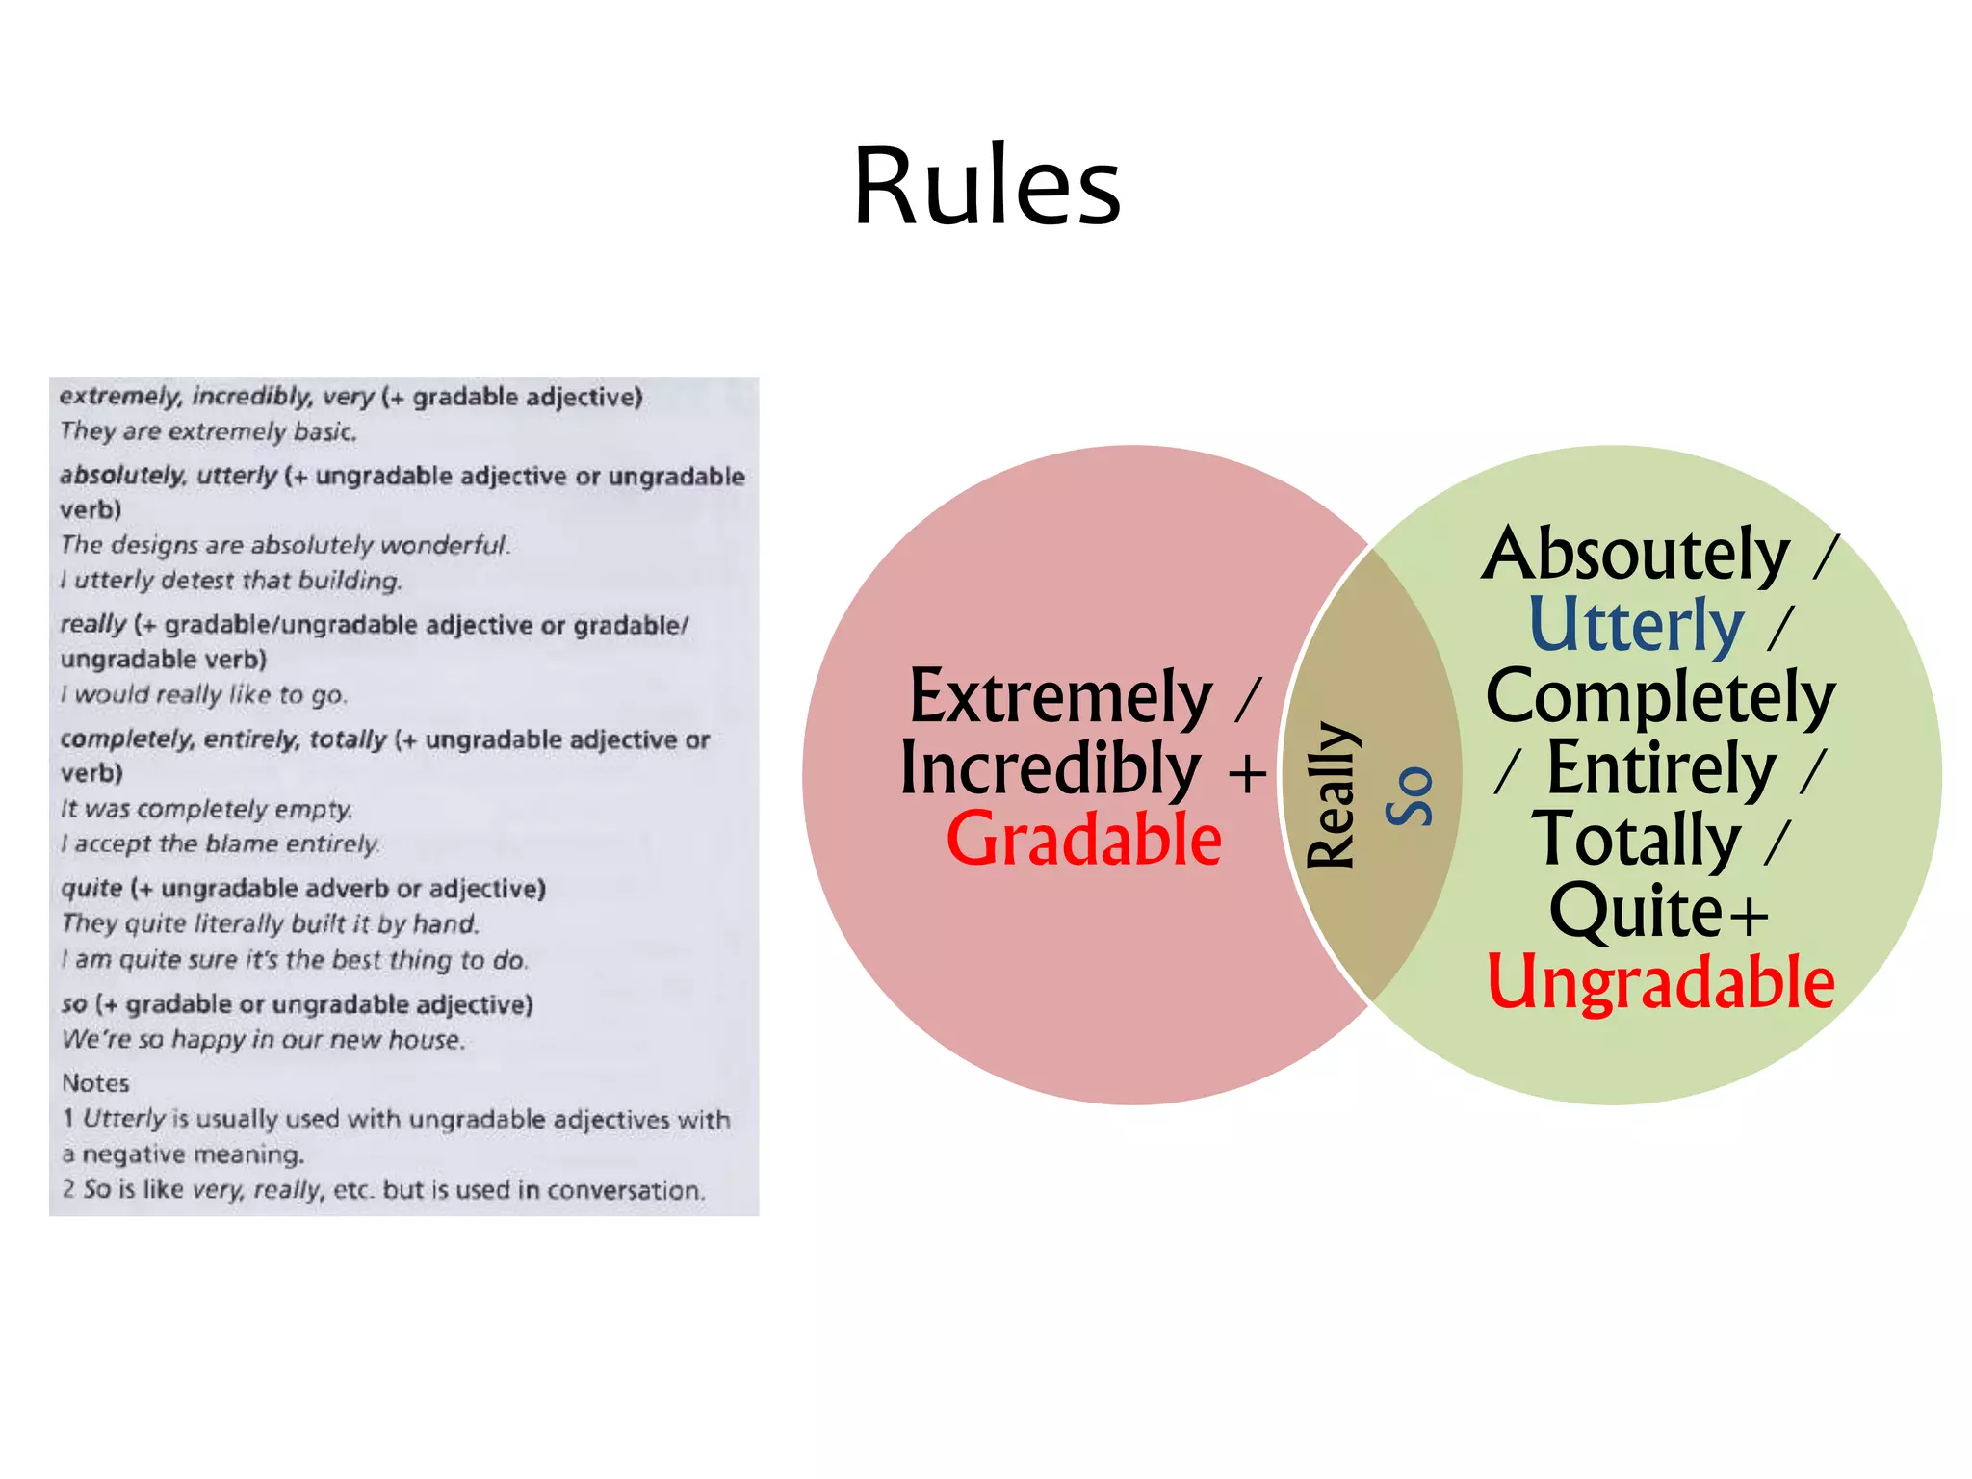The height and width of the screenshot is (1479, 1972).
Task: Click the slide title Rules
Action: [x=987, y=186]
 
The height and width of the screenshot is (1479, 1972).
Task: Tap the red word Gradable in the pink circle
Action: [x=1083, y=840]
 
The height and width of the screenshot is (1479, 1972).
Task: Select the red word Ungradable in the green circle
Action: [x=1660, y=982]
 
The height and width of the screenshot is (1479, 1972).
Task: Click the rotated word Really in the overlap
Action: [x=1332, y=795]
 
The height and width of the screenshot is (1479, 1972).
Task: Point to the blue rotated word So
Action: [x=1410, y=796]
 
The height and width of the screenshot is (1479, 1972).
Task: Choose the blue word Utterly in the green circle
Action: [x=1636, y=625]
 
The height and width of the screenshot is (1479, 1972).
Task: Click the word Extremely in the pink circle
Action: [x=1060, y=696]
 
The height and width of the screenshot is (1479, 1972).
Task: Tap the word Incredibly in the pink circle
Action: [x=1050, y=768]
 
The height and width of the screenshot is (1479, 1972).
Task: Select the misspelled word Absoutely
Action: [x=1635, y=554]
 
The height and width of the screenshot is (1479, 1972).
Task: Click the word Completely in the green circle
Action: [x=1660, y=696]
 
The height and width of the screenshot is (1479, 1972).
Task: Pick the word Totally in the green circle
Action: [x=1636, y=840]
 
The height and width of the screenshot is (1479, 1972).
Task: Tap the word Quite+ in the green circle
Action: [x=1658, y=911]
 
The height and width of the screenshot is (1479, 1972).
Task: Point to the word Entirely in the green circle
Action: [x=1661, y=768]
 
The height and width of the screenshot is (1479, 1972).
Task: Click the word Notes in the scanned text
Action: [x=95, y=1083]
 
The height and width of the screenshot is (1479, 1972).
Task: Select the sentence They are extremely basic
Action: [x=208, y=431]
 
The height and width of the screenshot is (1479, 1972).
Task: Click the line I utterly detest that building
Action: [x=231, y=581]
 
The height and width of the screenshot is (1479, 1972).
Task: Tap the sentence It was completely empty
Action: [x=207, y=809]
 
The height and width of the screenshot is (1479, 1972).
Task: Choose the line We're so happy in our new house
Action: [x=263, y=1040]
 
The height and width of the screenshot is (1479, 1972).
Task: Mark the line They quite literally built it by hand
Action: [x=271, y=924]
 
